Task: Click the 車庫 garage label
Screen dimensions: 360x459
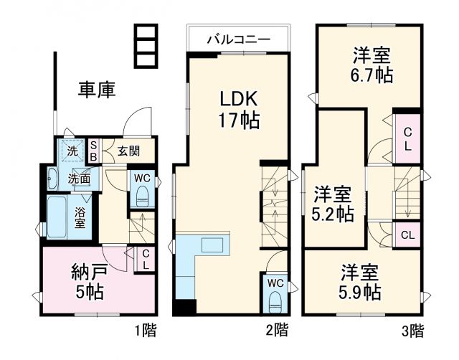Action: (x=97, y=90)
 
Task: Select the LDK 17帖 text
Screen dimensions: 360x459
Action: (x=238, y=108)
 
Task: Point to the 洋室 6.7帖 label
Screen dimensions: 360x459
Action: (x=372, y=65)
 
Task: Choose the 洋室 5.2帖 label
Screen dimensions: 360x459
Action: (x=333, y=204)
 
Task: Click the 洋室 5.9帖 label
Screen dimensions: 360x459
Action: (x=359, y=282)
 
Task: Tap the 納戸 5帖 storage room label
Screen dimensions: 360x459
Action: (x=89, y=282)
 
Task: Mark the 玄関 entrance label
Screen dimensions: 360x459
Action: (x=129, y=151)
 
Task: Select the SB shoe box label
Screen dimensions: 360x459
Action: (x=93, y=151)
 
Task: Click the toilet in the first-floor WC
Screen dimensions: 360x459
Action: (x=141, y=195)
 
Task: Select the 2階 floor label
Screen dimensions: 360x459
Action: (x=277, y=331)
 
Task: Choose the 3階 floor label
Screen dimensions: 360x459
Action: (x=412, y=331)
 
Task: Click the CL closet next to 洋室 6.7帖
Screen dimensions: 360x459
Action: (x=407, y=138)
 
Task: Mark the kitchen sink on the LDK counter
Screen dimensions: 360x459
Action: (x=212, y=245)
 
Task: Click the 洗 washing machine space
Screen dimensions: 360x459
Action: (x=72, y=151)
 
